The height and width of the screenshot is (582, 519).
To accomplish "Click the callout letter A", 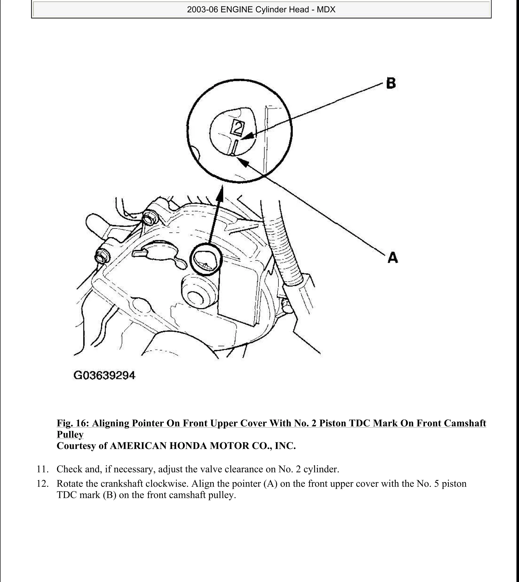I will pos(393,258).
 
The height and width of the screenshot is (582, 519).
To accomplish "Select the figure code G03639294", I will pos(104,375).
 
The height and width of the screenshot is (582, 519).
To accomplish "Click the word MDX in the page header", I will pos(326,10).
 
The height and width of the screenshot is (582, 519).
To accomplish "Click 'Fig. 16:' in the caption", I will pos(73,423).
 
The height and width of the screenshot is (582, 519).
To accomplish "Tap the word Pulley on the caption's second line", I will pos(70,434).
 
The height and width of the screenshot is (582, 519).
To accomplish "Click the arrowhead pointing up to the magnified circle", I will pos(220,191).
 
